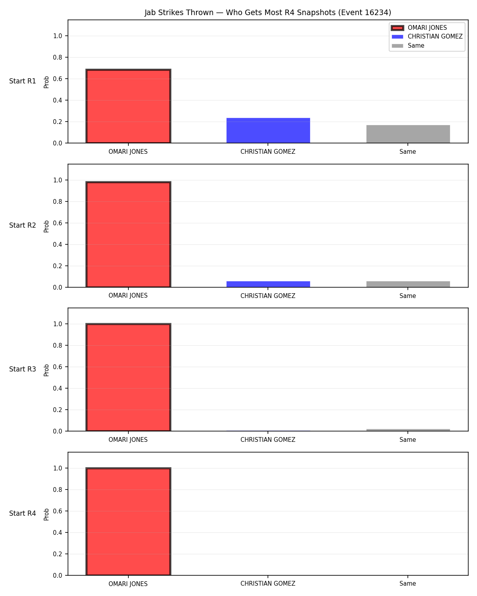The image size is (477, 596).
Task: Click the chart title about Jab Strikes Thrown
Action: (x=268, y=12)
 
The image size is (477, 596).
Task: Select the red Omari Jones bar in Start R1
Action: (x=128, y=106)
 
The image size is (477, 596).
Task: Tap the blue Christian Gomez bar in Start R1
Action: (x=268, y=130)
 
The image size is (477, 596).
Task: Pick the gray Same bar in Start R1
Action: (x=408, y=134)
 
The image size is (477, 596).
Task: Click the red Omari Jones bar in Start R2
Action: (x=128, y=234)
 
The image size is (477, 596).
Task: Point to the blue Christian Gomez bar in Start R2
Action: (x=268, y=284)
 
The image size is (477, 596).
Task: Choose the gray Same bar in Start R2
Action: (x=408, y=284)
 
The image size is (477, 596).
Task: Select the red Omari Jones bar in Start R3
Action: (x=128, y=377)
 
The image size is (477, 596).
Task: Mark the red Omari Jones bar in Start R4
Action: (x=128, y=521)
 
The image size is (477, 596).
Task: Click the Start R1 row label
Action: (x=22, y=81)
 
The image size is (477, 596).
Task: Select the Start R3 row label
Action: (x=22, y=369)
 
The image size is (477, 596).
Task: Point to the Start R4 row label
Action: (x=22, y=513)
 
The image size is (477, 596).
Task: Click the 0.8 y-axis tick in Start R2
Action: (x=57, y=201)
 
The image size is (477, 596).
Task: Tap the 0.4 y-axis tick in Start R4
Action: (x=57, y=532)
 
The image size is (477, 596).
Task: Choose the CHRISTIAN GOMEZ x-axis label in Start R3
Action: (x=268, y=440)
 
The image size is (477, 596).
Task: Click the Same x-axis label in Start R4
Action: (x=407, y=584)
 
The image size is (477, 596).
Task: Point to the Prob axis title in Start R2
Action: (x=46, y=226)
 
